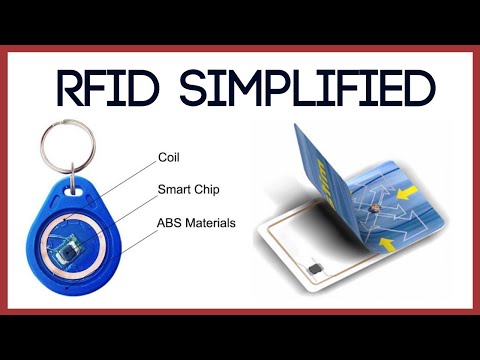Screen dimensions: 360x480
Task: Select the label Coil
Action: [170, 157]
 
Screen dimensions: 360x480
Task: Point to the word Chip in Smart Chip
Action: [211, 189]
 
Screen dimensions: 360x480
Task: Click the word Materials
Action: [212, 222]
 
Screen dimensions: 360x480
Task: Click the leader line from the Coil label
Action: [125, 177]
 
